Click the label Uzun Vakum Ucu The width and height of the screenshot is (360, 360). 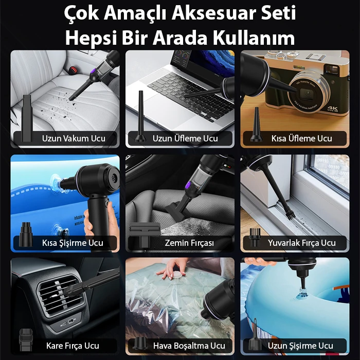[x=74, y=138]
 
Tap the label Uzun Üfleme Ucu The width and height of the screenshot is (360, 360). [x=185, y=138]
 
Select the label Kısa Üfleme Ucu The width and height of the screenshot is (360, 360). [x=301, y=138]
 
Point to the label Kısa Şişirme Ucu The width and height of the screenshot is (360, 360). [x=73, y=243]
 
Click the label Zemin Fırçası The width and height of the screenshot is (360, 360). [x=189, y=243]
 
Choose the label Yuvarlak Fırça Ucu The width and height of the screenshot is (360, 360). [x=302, y=243]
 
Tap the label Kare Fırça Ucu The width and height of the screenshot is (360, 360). [x=73, y=346]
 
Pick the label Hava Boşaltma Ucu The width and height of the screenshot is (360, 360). [x=189, y=346]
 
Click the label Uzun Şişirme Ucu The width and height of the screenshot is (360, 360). [x=300, y=346]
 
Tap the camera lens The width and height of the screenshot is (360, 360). [x=308, y=93]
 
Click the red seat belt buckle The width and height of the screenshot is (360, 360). [x=73, y=69]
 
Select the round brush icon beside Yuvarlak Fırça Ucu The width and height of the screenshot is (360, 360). [x=255, y=238]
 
